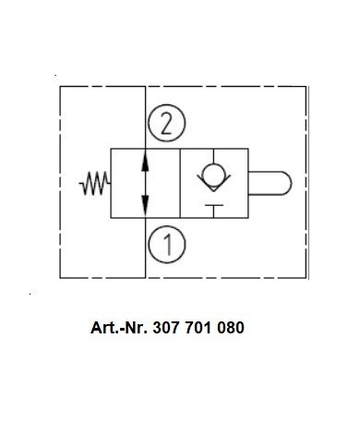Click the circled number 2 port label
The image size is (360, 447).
(x=167, y=123)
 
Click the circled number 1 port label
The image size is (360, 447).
(x=167, y=245)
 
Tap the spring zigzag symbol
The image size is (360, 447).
(x=94, y=183)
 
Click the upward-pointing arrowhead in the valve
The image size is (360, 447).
(x=145, y=162)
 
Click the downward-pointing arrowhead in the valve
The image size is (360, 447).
(x=145, y=206)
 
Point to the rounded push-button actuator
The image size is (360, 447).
(x=270, y=183)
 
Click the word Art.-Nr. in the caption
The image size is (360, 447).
(x=118, y=328)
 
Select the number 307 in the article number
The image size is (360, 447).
(x=166, y=328)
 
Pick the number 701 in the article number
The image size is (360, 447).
(x=198, y=328)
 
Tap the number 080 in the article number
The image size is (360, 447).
(x=231, y=328)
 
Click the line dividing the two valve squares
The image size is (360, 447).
(x=180, y=183)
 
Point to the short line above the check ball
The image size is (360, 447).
(x=214, y=156)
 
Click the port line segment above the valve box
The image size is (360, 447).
(x=145, y=117)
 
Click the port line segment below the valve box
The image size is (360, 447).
(x=145, y=248)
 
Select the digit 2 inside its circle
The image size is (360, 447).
(x=166, y=124)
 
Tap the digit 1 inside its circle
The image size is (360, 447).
(x=168, y=245)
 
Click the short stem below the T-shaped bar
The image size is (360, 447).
(x=214, y=211)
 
